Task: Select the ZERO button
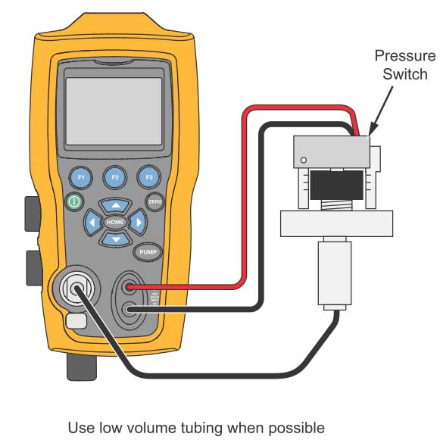154,202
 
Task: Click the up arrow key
115,205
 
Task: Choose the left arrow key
92,223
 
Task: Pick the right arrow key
138,223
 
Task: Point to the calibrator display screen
114,111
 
